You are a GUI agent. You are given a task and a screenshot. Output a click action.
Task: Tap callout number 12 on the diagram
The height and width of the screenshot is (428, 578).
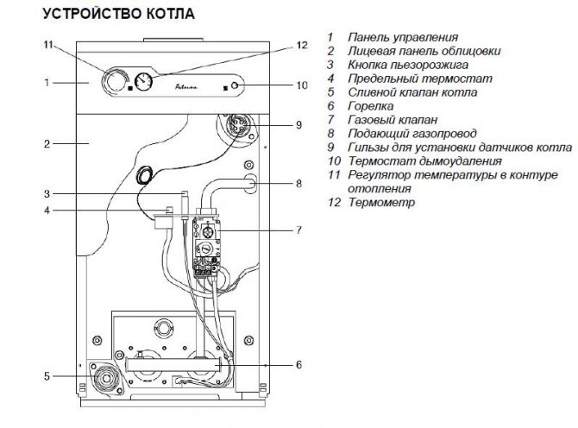pos(300,45)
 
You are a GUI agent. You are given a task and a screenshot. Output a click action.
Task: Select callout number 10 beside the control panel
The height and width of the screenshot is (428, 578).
pos(300,85)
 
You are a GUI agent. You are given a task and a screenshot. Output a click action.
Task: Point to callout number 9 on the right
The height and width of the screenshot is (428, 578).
pos(298,125)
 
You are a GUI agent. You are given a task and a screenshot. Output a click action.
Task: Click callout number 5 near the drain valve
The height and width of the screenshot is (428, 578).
pos(48,375)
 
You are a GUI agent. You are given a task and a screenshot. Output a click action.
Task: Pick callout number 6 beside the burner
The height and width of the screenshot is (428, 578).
pos(298,364)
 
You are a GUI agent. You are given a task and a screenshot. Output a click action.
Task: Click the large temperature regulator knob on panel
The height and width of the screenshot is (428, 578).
pos(113,83)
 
